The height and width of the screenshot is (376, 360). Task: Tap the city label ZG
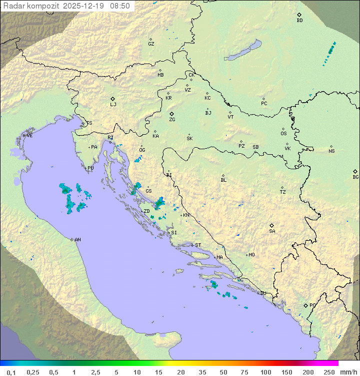coord(172,120)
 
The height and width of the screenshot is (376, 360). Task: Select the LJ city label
coord(113,105)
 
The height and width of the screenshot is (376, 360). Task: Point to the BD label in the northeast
coord(299,21)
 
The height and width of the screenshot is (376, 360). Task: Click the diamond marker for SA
coord(272,225)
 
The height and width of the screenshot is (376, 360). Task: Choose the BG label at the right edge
coord(355,177)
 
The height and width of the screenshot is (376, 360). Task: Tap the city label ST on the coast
coord(198,245)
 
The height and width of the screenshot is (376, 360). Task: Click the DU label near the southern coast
coord(262,293)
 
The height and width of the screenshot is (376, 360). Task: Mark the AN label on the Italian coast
coord(77,240)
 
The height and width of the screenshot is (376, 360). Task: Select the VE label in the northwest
coord(29,136)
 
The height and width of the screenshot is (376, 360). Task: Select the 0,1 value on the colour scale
coord(11,372)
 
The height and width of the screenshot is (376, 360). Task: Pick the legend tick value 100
coord(265,372)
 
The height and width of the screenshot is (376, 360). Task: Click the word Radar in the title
coord(13,6)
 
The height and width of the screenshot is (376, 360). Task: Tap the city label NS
coord(331,151)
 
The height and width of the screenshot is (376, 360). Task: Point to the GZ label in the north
coord(151,44)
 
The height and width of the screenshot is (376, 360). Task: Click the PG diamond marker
coord(306,305)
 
